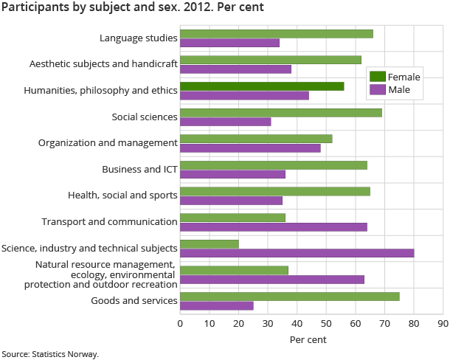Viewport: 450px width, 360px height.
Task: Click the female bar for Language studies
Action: pyautogui.click(x=276, y=33)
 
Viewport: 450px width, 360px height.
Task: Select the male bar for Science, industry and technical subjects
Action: pyautogui.click(x=297, y=253)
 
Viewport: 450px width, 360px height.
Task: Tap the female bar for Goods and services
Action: pyautogui.click(x=289, y=296)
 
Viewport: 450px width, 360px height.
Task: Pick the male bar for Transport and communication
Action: pyautogui.click(x=273, y=226)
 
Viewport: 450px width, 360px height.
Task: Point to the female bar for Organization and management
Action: pyautogui.click(x=256, y=139)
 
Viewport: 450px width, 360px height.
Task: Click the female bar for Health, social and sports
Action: pyautogui.click(x=274, y=191)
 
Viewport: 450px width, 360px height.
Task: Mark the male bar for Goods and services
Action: pyautogui.click(x=216, y=305)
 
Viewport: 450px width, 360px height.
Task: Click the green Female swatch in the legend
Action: pyautogui.click(x=377, y=77)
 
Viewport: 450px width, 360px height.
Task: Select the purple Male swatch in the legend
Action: pyautogui.click(x=377, y=90)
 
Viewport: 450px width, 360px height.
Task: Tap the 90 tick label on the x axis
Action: pyautogui.click(x=443, y=322)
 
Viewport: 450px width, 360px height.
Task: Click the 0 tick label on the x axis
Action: pyautogui.click(x=180, y=322)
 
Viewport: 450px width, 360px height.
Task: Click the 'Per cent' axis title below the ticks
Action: pyautogui.click(x=308, y=339)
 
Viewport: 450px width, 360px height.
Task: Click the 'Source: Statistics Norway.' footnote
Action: pyautogui.click(x=49, y=354)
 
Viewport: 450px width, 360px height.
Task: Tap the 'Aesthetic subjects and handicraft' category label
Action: pyautogui.click(x=103, y=63)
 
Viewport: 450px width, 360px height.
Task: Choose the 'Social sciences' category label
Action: pyautogui.click(x=145, y=117)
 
